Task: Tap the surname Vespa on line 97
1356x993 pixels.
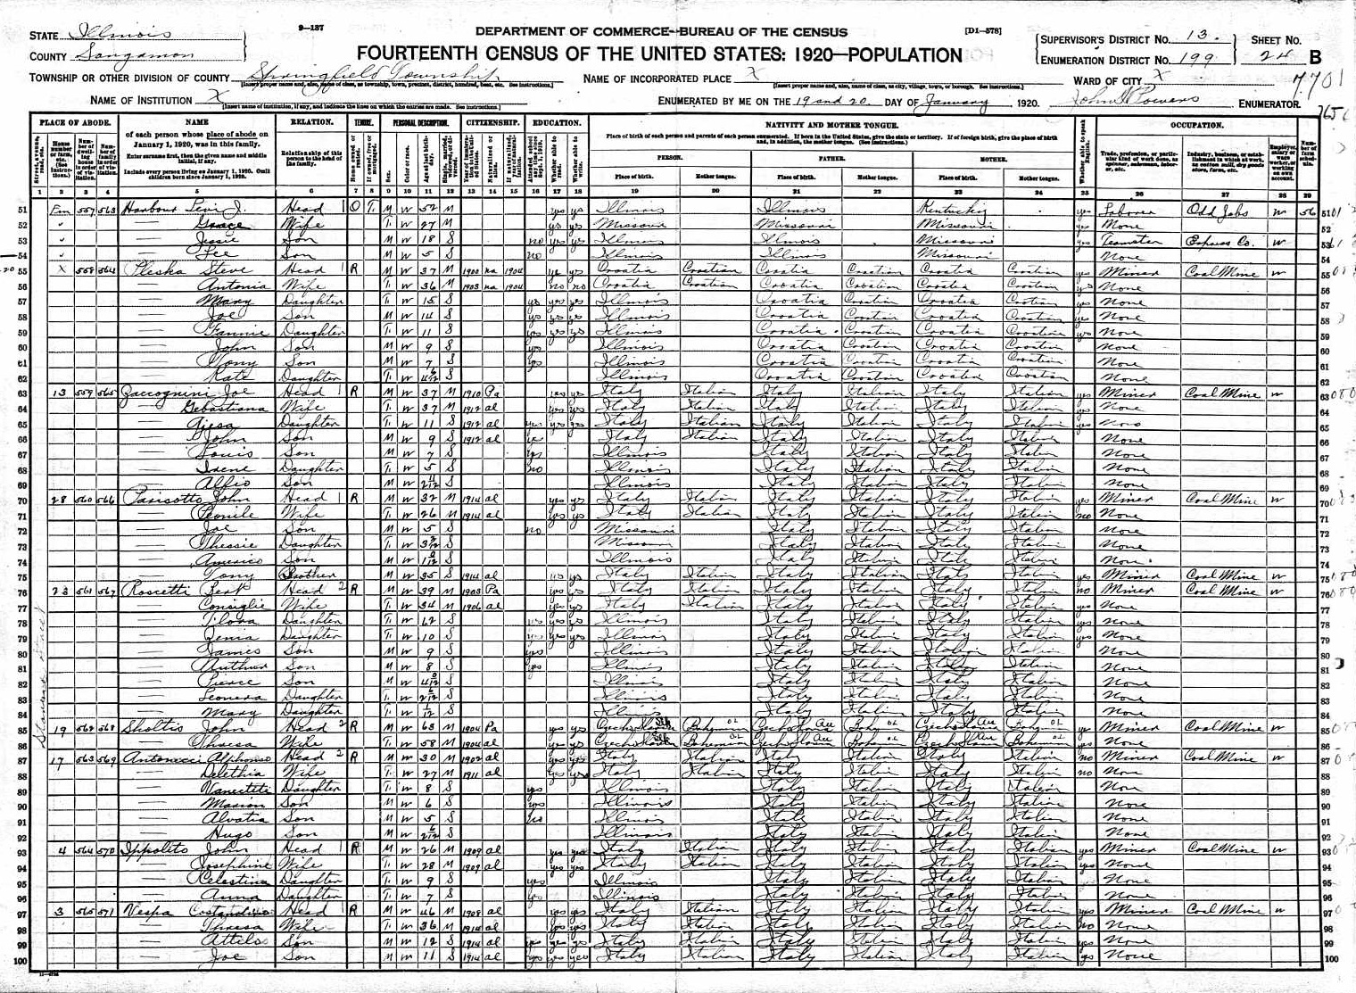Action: [x=145, y=910]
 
